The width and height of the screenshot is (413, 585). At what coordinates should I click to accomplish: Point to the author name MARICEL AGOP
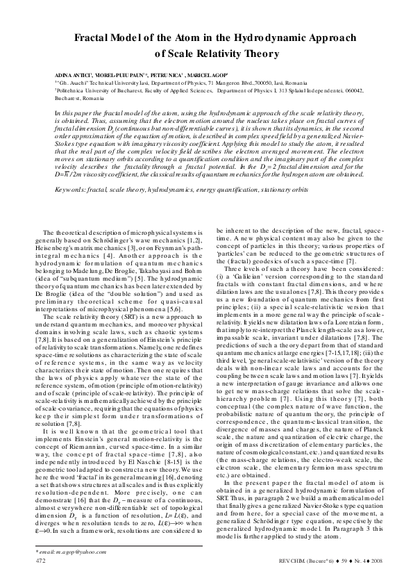click(201, 73)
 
